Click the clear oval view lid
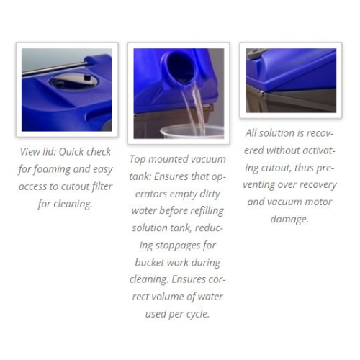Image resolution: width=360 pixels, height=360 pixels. coord(73,82)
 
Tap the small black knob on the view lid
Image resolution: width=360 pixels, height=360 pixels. coord(88,78)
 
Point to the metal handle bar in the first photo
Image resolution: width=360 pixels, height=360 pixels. coord(55,69)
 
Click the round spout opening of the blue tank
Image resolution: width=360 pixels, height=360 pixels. coord(179,68)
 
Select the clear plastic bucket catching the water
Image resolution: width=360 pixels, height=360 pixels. coord(192,132)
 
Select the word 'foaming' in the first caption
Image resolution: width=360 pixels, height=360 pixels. coord(52,169)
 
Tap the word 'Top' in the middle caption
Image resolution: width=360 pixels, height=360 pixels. coord(138,160)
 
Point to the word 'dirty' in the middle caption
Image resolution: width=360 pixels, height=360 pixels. coord(210,194)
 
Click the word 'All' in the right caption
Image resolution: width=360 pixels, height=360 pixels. coord(251,133)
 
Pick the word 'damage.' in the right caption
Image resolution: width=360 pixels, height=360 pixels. coord(289,220)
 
